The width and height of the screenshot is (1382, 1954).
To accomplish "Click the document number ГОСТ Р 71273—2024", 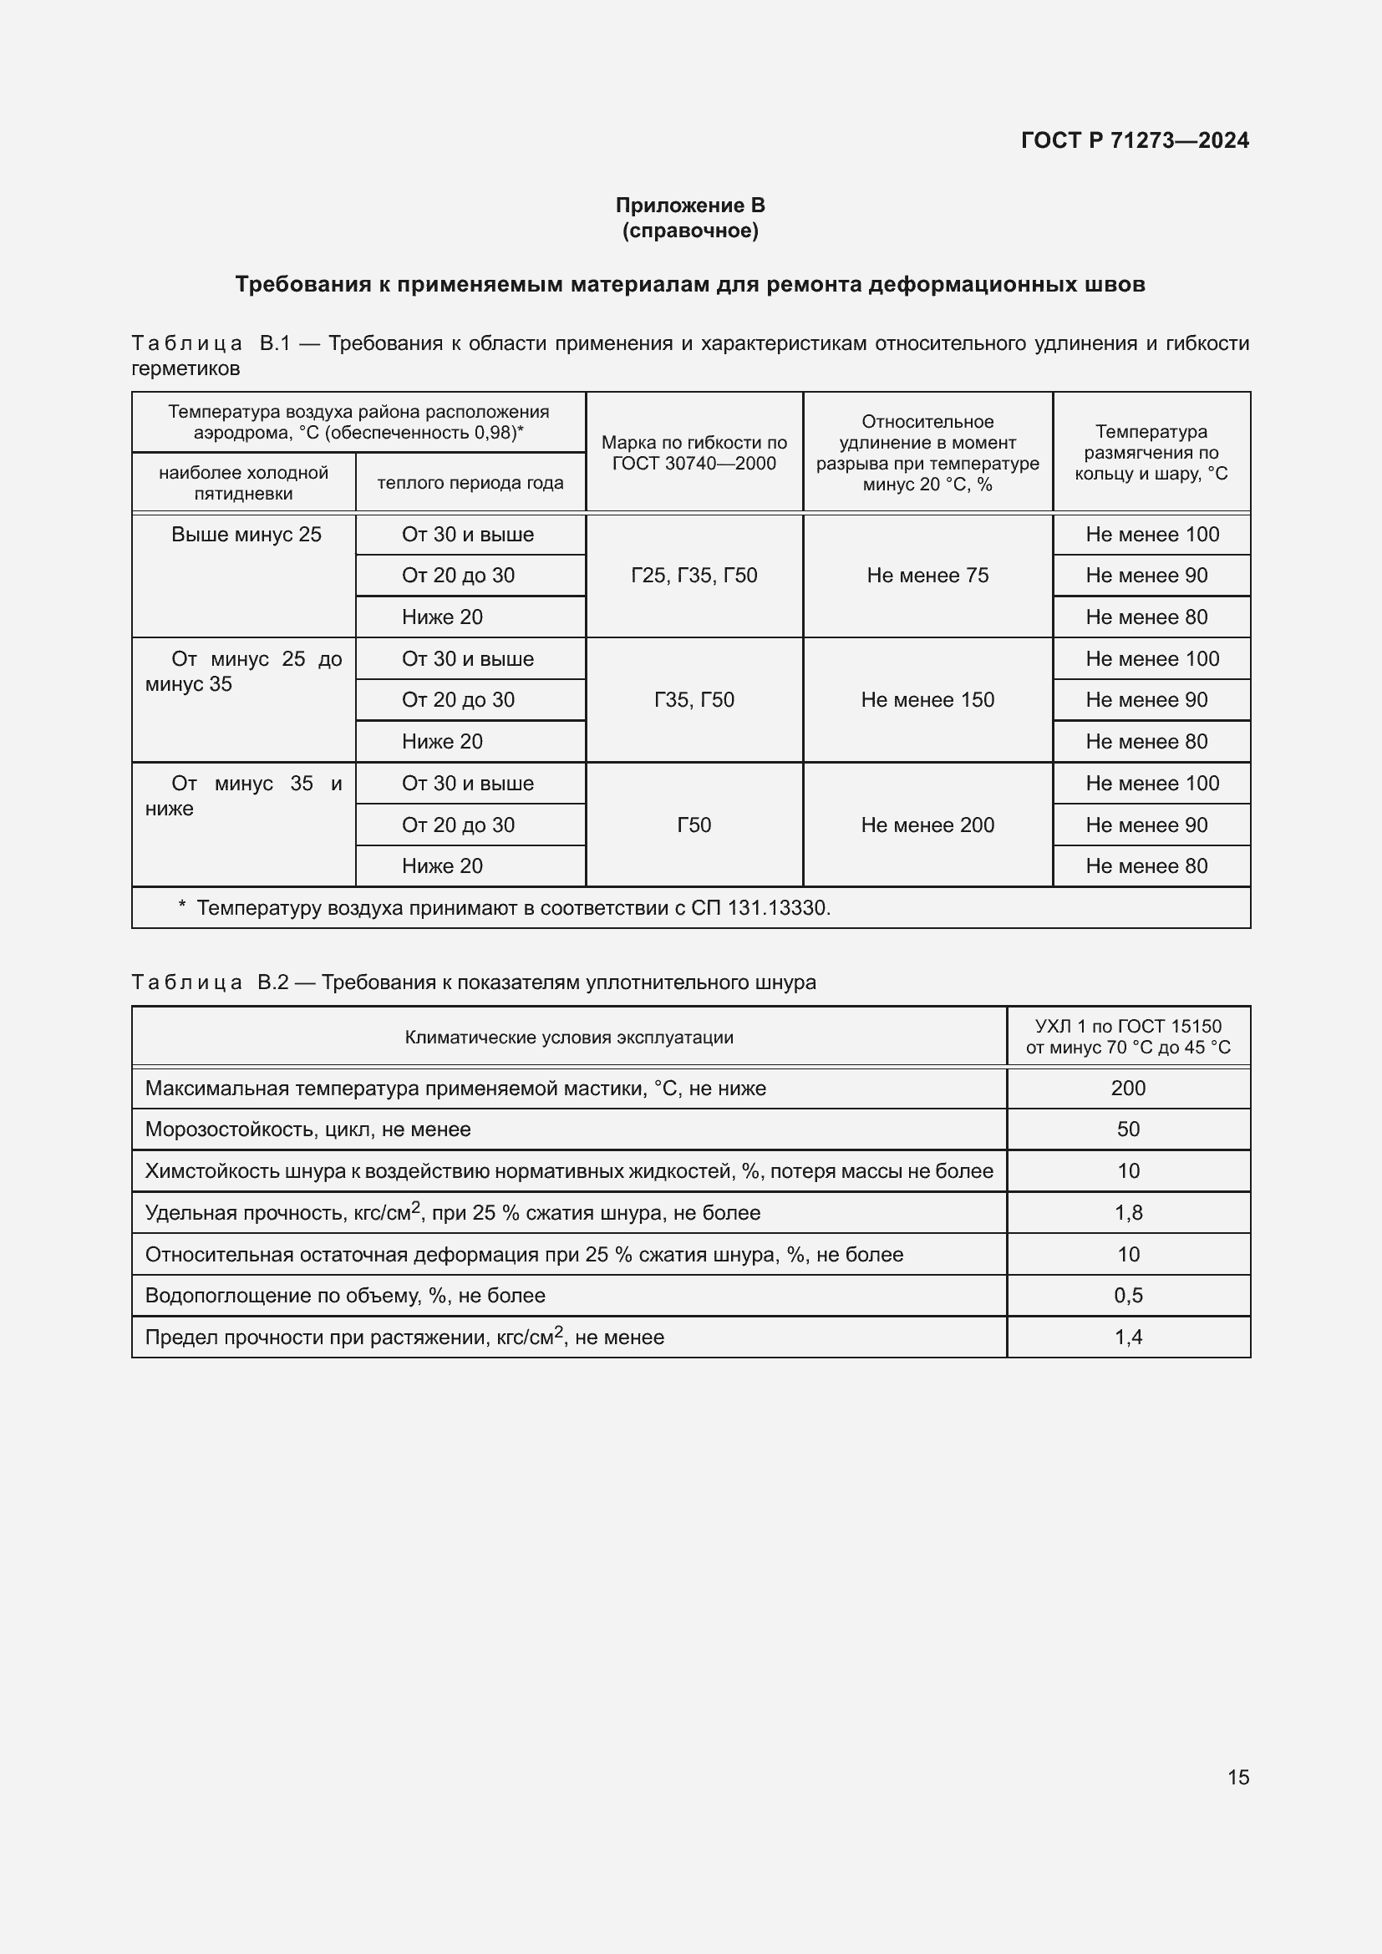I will click(1135, 140).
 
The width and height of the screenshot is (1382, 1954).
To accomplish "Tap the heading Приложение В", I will click(690, 206).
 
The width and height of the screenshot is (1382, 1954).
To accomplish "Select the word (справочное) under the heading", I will click(690, 231).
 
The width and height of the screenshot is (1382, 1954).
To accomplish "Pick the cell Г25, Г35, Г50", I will click(694, 576).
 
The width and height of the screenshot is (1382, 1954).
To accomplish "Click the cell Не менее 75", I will click(927, 576).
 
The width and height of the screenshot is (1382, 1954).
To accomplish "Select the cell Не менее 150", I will click(927, 699).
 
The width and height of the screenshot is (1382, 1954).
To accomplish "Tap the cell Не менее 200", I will click(927, 825).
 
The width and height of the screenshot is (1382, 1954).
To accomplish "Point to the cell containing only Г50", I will click(694, 825).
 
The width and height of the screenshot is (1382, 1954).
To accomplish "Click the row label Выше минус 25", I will click(246, 535).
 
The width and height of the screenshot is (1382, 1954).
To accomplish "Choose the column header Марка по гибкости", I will click(694, 453).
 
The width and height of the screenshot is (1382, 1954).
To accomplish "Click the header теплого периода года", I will click(470, 483).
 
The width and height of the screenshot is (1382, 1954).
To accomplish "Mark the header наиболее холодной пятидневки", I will click(243, 483).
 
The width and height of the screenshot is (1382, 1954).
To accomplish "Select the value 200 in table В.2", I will click(1127, 1088).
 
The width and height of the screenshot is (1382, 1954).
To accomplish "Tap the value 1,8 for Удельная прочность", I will click(1127, 1213).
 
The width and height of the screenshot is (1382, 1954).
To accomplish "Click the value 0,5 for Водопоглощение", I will click(1127, 1296).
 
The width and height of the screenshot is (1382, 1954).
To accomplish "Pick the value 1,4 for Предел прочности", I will click(1127, 1337).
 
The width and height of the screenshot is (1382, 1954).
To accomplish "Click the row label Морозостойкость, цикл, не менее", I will click(307, 1129).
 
